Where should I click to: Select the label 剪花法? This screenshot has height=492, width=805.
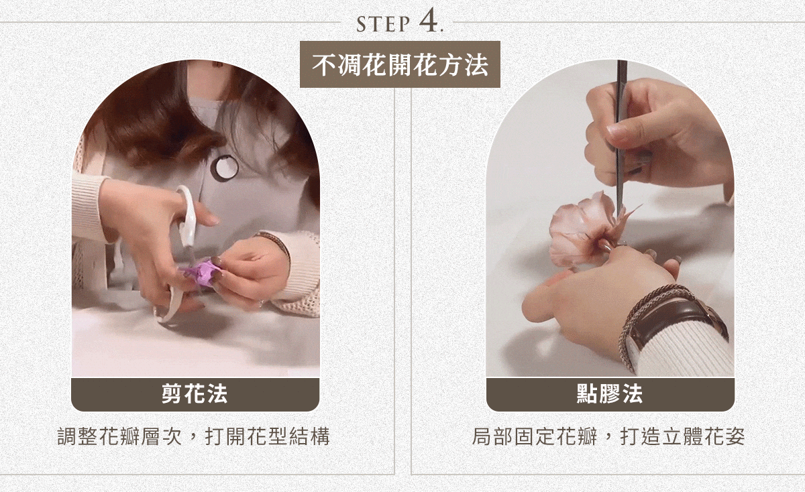(x=195, y=394)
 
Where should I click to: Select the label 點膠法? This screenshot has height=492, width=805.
(x=610, y=394)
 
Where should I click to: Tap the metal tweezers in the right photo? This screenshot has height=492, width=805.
(x=621, y=121)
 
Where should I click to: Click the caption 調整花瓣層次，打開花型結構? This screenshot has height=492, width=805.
(x=195, y=438)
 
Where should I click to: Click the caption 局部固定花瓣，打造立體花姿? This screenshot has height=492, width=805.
(x=608, y=438)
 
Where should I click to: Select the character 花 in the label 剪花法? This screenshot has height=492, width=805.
(x=195, y=394)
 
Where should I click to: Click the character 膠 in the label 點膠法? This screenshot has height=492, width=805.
(x=610, y=394)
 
